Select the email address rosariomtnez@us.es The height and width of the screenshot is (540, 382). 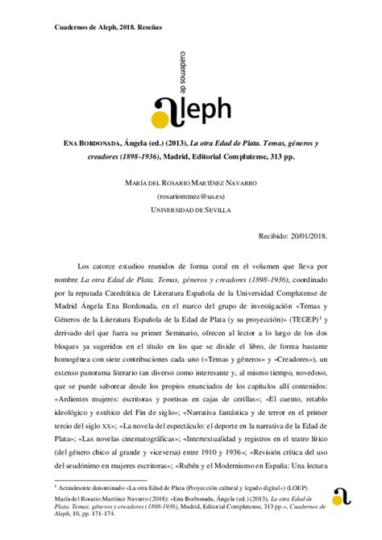coord(191,196)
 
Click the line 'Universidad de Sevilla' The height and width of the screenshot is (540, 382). coord(191,210)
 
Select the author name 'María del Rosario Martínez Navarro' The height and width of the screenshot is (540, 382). coord(191,182)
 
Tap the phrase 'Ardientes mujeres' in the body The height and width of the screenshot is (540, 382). coord(84,400)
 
